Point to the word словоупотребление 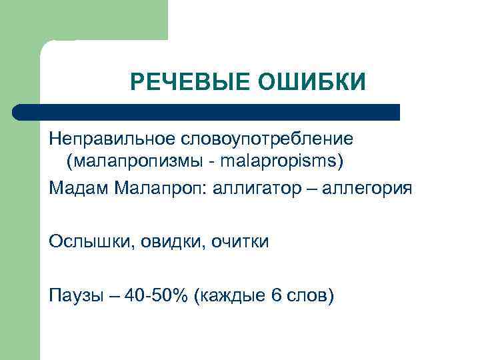tap(266, 139)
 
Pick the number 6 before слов tap(279, 295)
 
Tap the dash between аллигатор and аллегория tap(311, 189)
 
